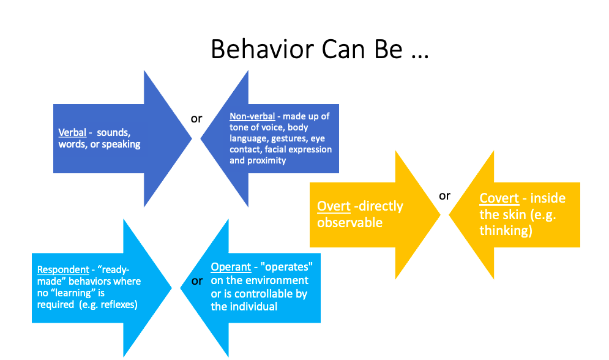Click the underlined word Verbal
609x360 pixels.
point(72,132)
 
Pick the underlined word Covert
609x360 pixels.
point(499,198)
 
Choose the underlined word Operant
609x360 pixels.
point(231,267)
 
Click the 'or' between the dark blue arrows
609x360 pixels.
point(196,118)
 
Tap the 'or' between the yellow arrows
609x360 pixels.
point(444,196)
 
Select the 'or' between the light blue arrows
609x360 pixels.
point(196,281)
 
